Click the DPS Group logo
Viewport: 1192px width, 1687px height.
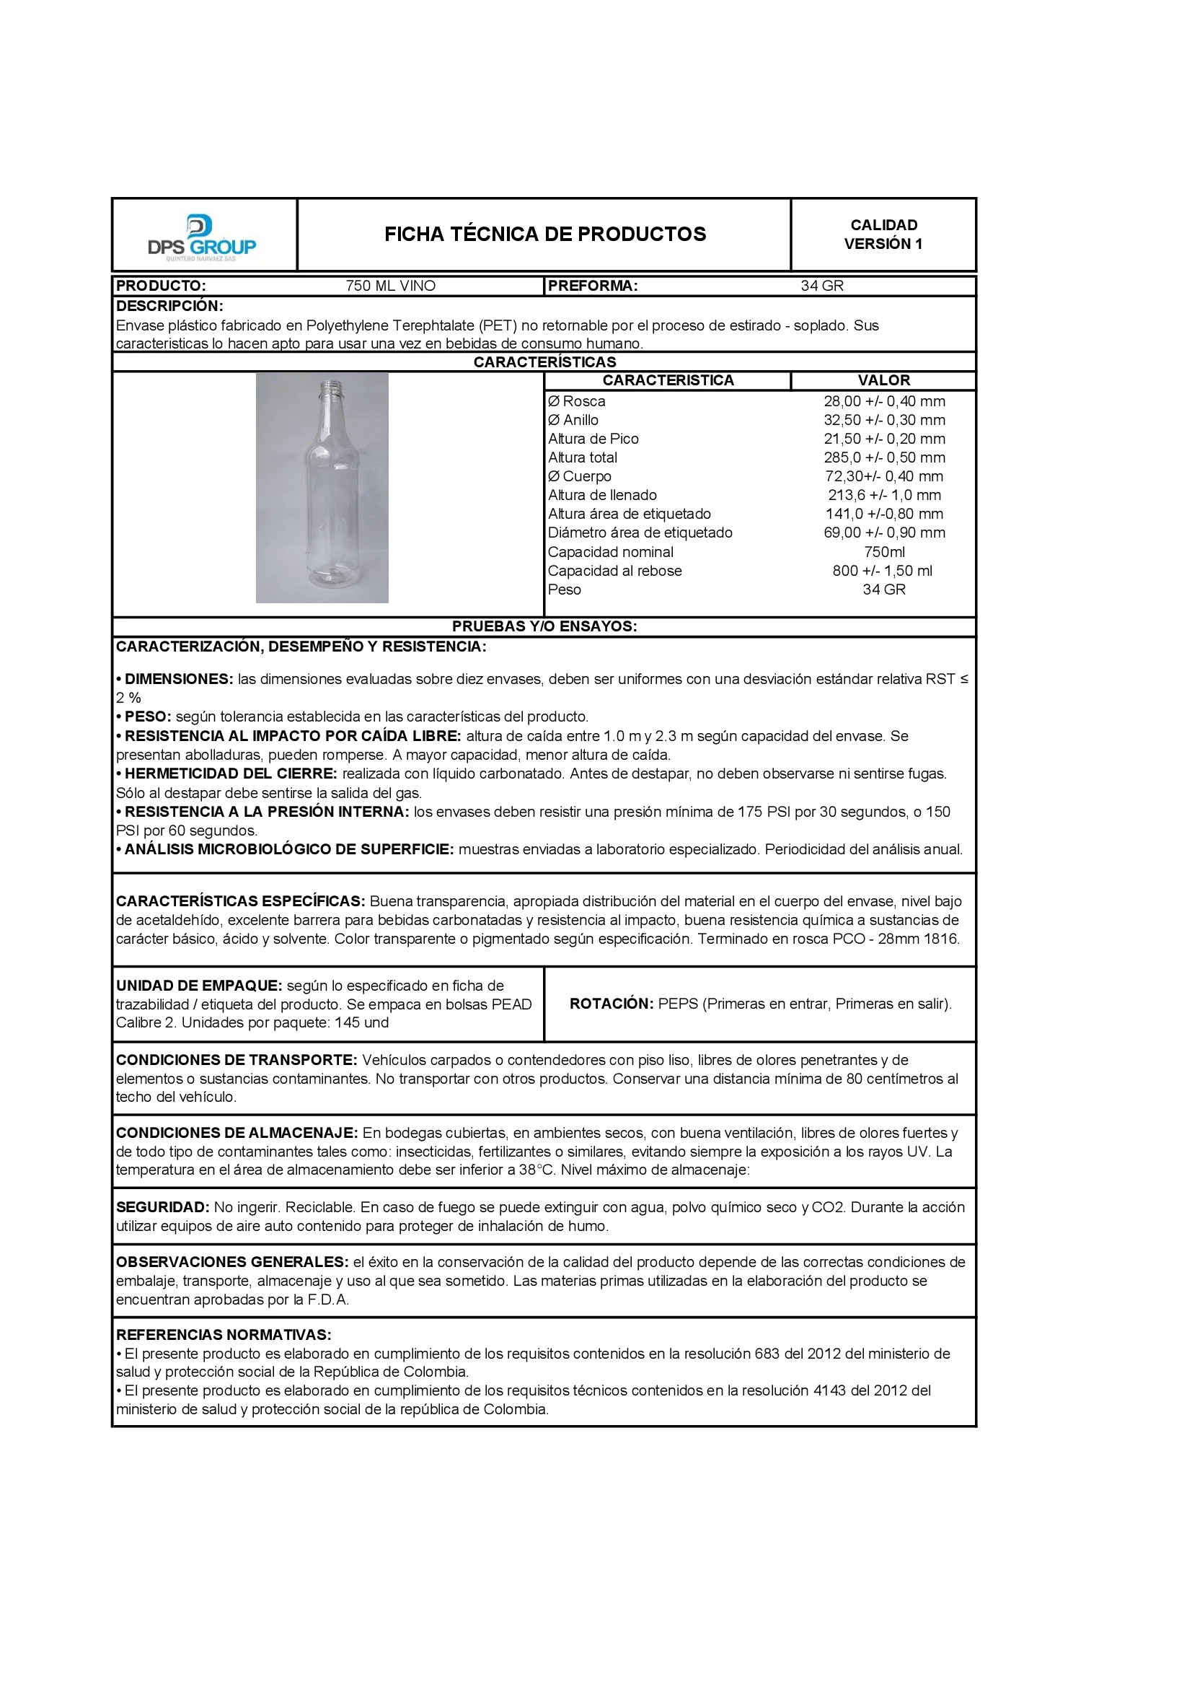[202, 237]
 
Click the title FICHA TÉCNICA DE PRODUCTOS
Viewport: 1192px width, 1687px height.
[545, 235]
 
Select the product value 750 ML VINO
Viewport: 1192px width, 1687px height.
[390, 286]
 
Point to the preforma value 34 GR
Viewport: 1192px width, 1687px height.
[822, 286]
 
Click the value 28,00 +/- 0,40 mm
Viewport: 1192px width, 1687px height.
[884, 402]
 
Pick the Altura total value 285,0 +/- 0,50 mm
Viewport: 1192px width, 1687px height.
[884, 457]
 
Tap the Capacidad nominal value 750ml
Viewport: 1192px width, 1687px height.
[884, 553]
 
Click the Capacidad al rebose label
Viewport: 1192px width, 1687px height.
[614, 571]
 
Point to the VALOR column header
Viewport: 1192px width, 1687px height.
[883, 380]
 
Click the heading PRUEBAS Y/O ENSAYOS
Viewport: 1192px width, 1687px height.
[544, 627]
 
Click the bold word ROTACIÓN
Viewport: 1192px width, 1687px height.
[611, 1004]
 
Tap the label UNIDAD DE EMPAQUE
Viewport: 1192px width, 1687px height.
[198, 986]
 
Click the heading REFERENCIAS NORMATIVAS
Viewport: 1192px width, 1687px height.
[224, 1335]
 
